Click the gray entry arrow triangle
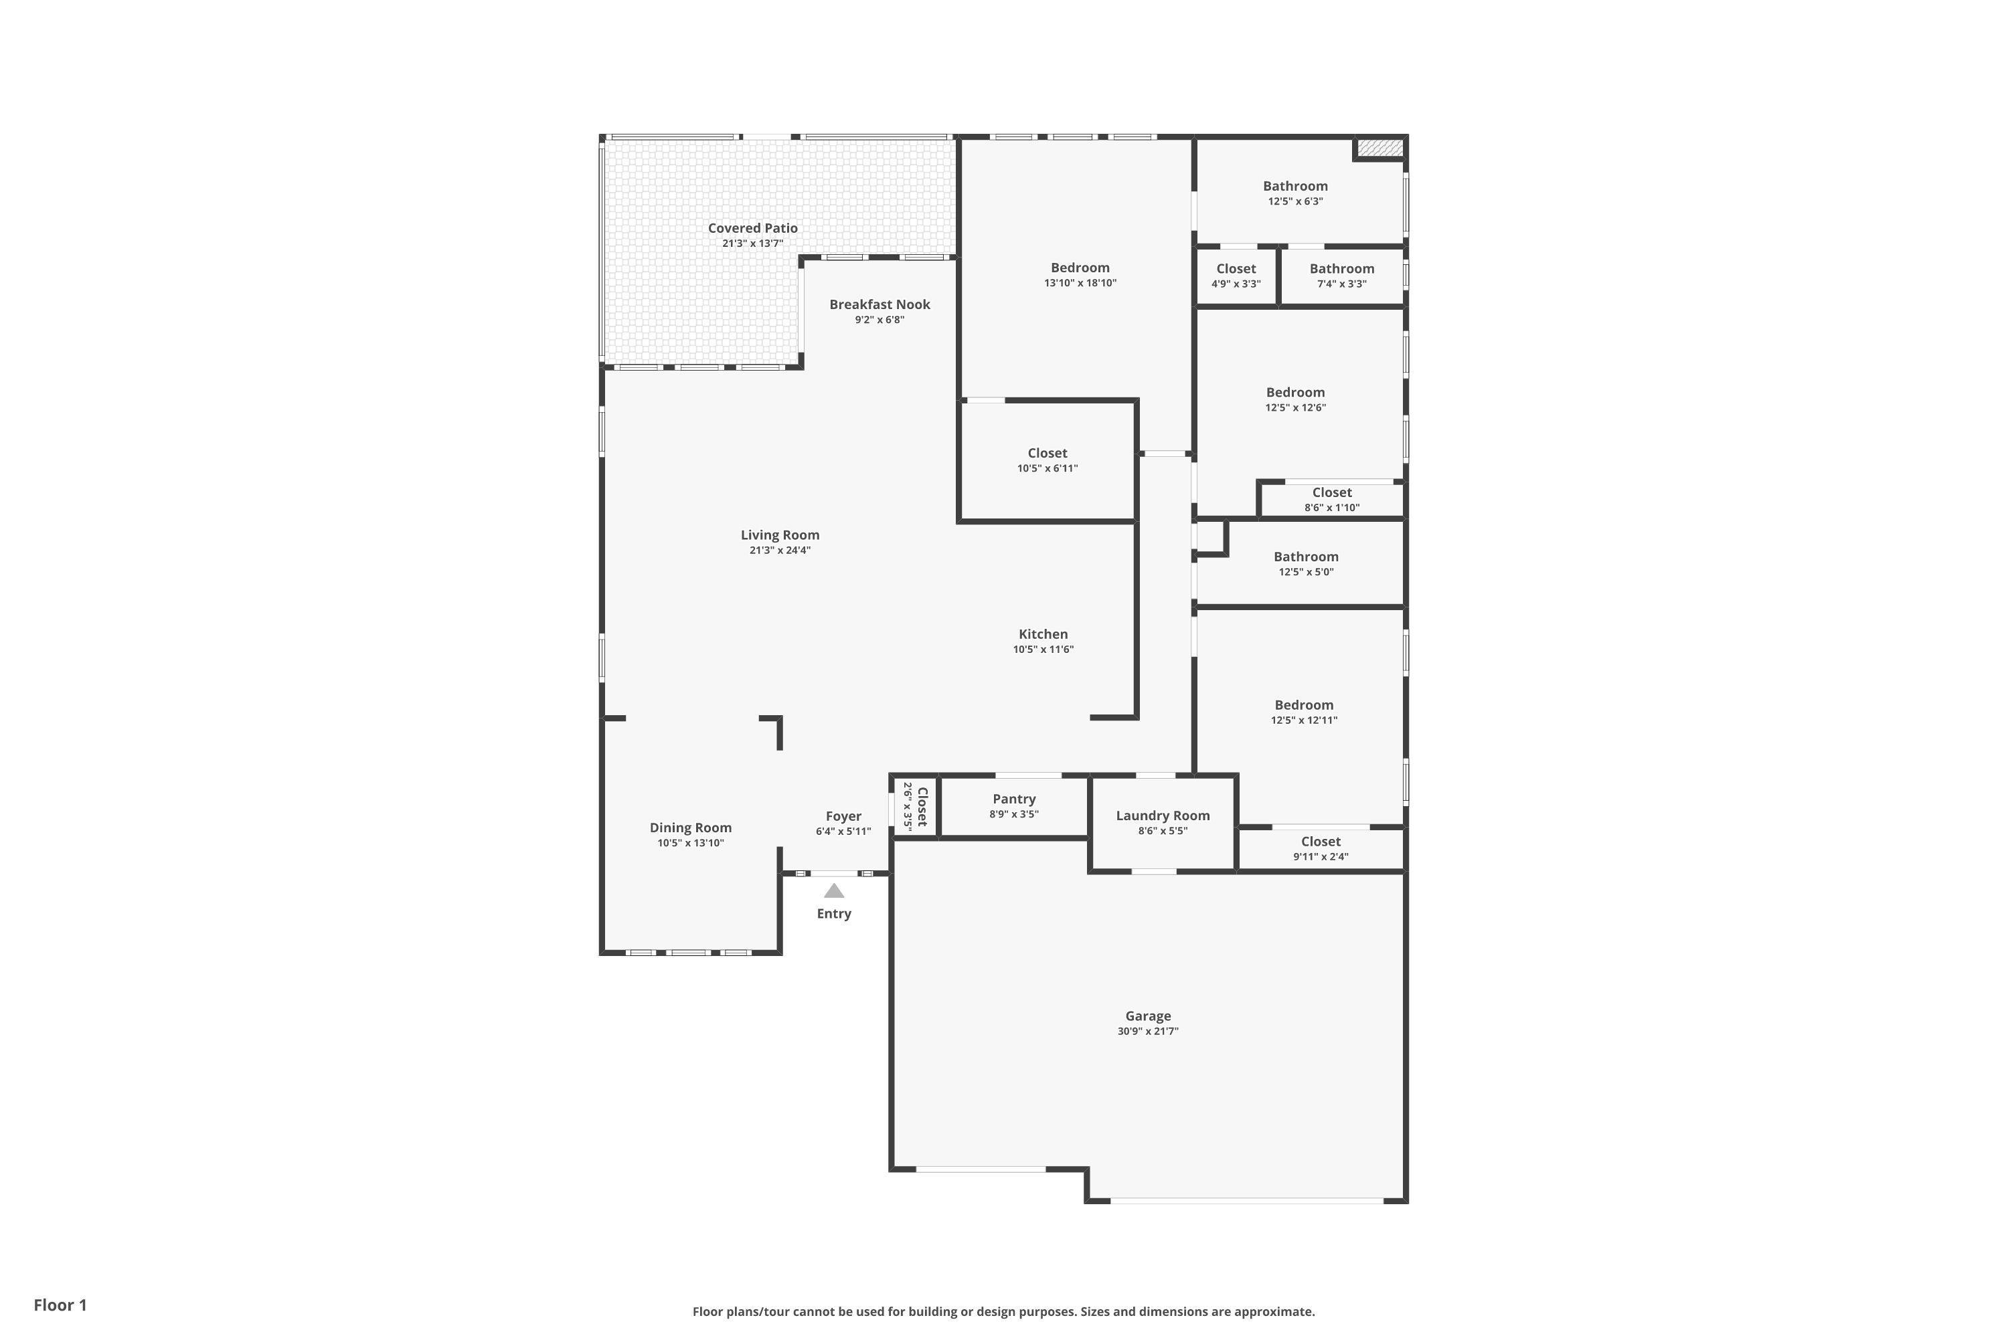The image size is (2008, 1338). [x=834, y=891]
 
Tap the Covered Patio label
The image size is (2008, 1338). [x=753, y=228]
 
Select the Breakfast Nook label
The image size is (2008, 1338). [x=880, y=304]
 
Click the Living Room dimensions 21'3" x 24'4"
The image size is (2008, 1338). [x=780, y=551]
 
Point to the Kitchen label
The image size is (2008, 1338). [x=1043, y=634]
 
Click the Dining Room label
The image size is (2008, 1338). [x=691, y=828]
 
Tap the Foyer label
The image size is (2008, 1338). [x=843, y=817]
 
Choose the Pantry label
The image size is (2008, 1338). [x=1014, y=799]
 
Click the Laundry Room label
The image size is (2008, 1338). [x=1163, y=816]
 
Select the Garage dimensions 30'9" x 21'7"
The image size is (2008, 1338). [x=1149, y=1031]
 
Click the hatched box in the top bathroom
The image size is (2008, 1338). [x=1379, y=148]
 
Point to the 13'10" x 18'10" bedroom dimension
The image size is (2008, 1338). [x=1080, y=283]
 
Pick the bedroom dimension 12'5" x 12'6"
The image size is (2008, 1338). [x=1296, y=408]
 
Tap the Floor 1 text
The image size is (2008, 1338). [x=61, y=1305]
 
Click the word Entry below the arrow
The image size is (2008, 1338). [x=834, y=914]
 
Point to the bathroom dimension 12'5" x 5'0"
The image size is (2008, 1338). [x=1307, y=573]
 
